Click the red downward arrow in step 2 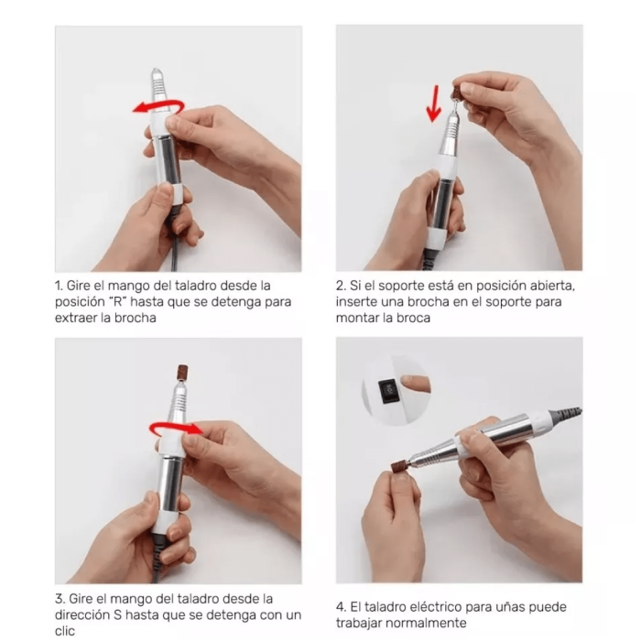(x=433, y=103)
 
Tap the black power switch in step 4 (x=387, y=391)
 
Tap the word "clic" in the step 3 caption (x=65, y=631)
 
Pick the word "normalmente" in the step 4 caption (x=426, y=623)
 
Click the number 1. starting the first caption (x=59, y=286)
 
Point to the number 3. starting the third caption (x=60, y=599)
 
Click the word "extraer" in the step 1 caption (x=76, y=318)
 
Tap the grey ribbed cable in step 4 (x=566, y=416)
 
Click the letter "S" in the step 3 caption (x=118, y=614)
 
